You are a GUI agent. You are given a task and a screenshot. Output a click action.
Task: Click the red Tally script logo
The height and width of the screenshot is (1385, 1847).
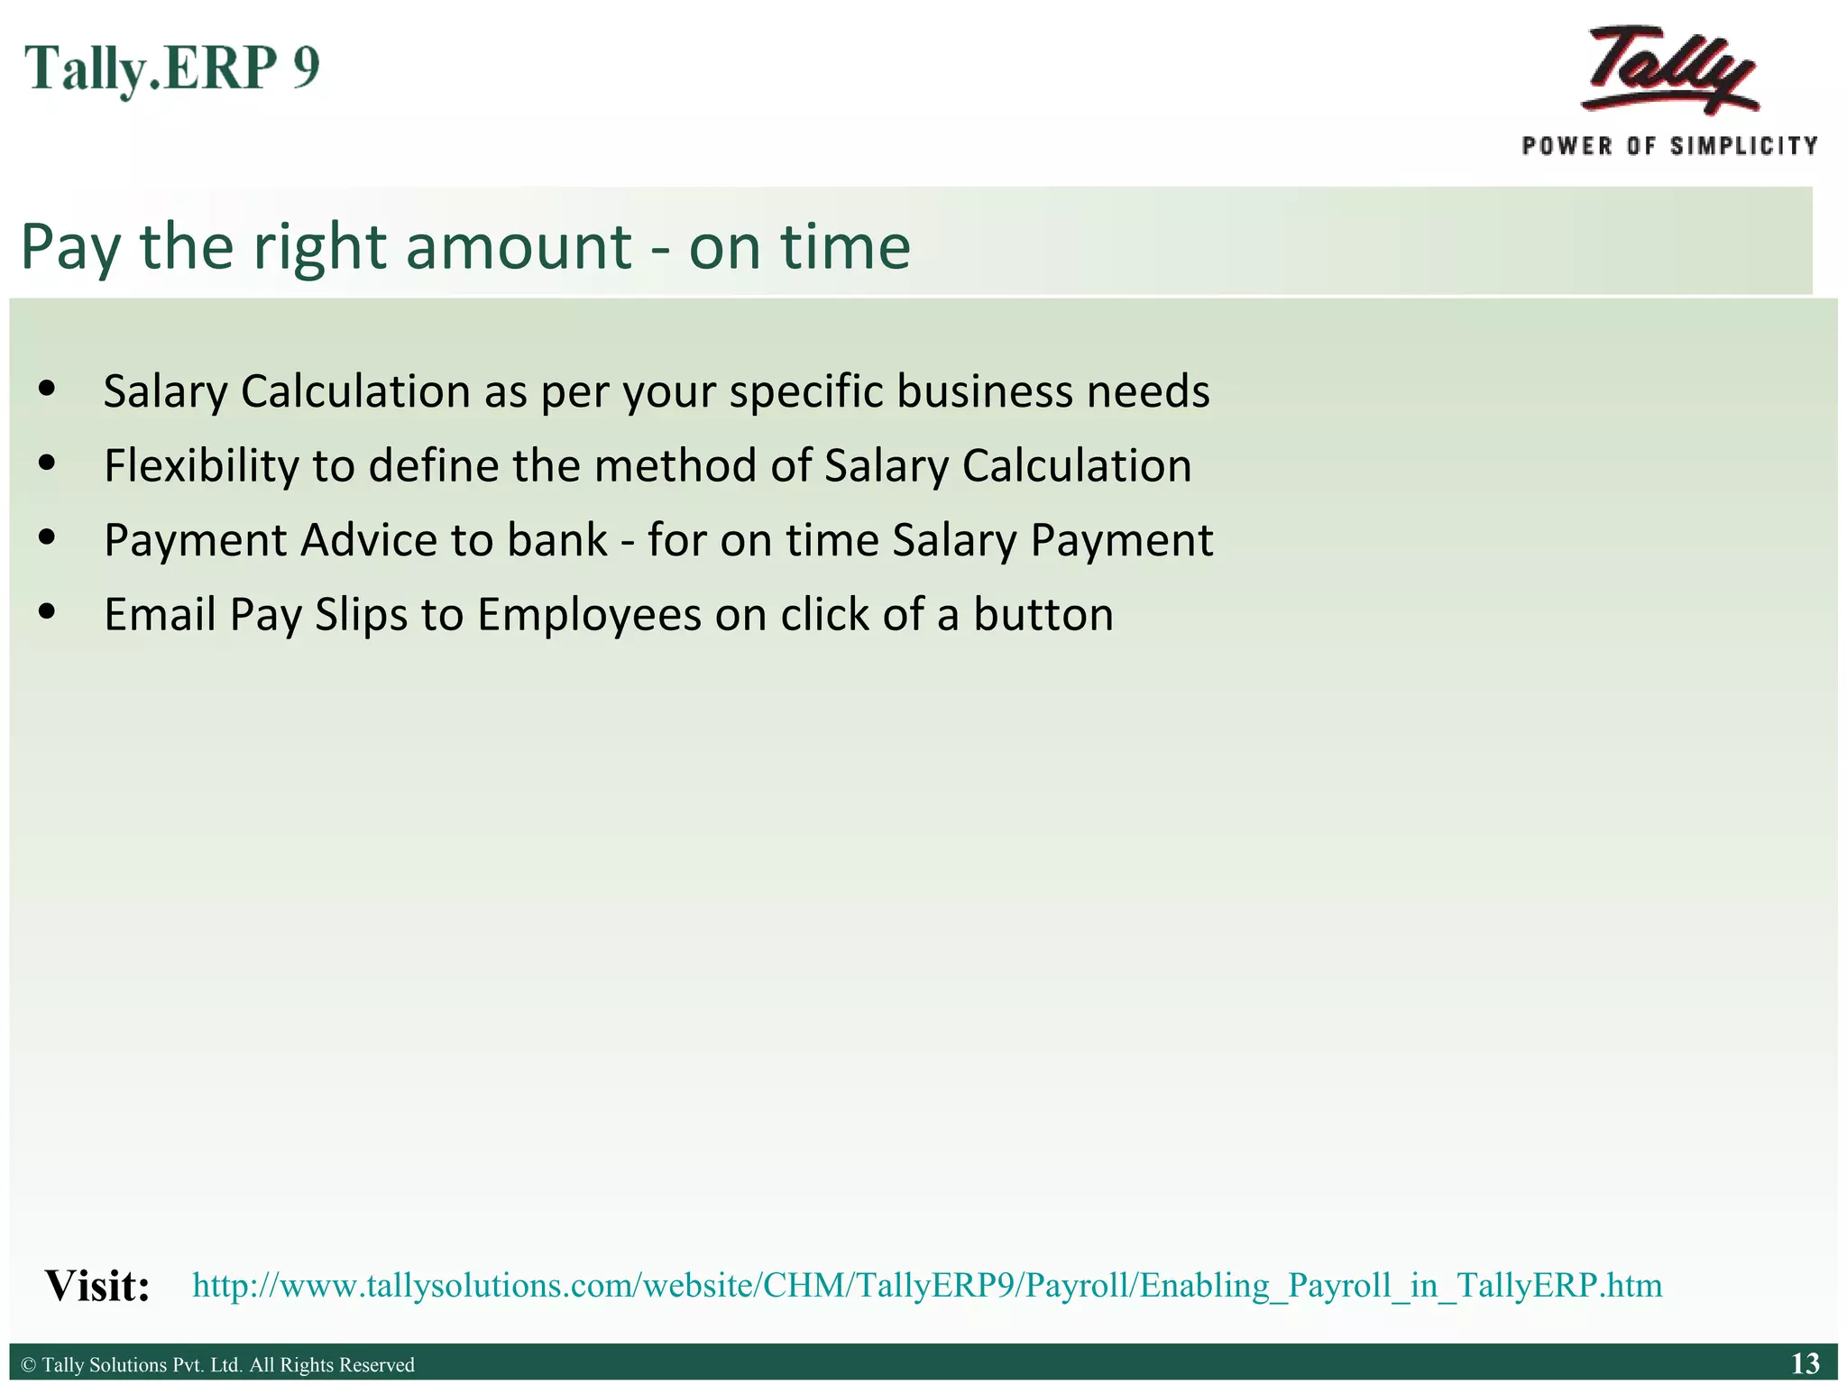coord(1670,70)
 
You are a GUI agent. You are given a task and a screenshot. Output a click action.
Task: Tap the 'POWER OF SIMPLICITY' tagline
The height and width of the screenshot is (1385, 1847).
coord(1669,146)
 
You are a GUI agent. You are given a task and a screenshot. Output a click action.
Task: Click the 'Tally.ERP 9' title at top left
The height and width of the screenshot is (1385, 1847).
coord(172,69)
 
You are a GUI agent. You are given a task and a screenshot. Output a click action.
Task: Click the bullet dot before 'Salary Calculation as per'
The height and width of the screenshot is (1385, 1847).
coord(48,390)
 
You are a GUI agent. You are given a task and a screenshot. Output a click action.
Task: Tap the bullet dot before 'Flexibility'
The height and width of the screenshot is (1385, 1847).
coord(48,464)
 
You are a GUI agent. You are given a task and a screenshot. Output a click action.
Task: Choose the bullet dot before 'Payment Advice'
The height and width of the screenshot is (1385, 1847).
coord(48,538)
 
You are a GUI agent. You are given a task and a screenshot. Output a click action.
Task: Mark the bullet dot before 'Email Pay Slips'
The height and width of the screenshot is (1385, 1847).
coord(48,613)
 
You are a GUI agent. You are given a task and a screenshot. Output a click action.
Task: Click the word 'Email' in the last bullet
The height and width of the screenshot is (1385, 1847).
coord(159,614)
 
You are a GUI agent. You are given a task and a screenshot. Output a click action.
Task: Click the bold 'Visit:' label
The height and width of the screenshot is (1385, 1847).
coord(97,1286)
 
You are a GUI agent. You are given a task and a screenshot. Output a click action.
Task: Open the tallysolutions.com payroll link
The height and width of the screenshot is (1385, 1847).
coord(927,1285)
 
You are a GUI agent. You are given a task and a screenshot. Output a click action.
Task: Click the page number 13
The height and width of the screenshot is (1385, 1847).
coord(1805,1363)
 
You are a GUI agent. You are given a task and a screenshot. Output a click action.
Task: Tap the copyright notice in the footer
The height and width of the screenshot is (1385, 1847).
coord(217,1364)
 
